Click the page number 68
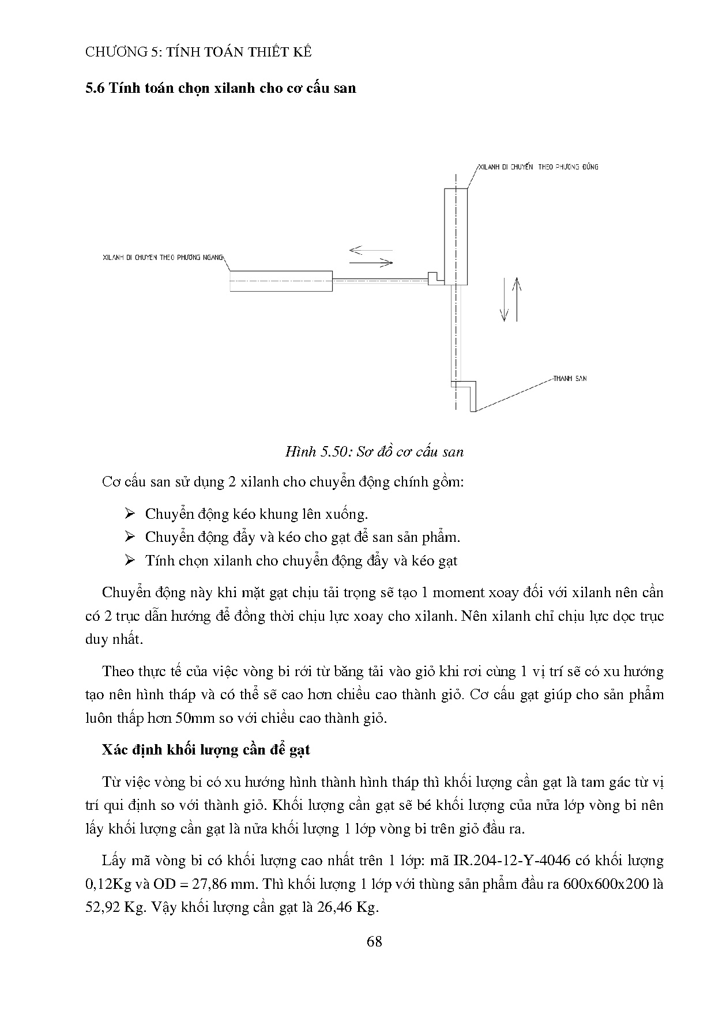click(374, 942)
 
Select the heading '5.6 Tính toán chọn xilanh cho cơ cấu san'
click(220, 88)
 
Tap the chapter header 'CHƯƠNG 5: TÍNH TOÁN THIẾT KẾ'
click(198, 52)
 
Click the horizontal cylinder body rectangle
click(281, 281)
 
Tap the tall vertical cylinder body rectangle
click(456, 236)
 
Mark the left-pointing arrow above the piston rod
click(370, 251)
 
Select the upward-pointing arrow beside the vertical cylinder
click(517, 299)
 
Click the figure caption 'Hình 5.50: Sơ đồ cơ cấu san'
click(374, 451)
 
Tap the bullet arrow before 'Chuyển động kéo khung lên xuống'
click(129, 514)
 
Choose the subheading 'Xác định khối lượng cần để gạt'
click(206, 749)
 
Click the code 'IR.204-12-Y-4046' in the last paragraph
click(511, 861)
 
